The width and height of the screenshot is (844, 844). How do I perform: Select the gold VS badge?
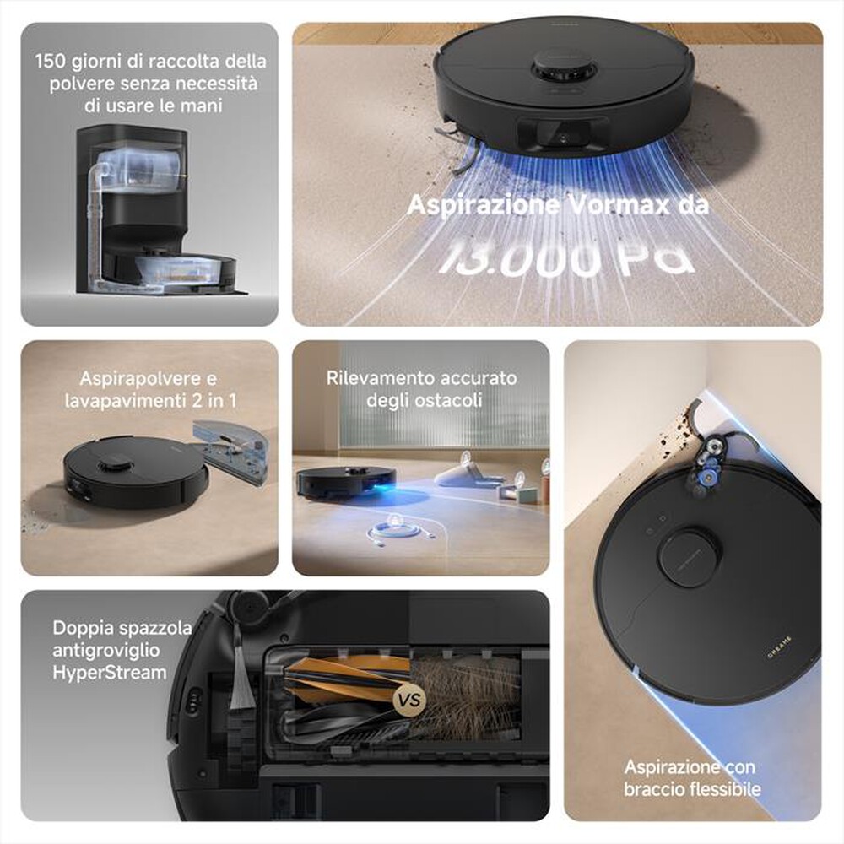(x=408, y=700)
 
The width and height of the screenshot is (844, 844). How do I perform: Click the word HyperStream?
(x=109, y=673)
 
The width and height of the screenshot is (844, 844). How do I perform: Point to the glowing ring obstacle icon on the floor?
(x=398, y=530)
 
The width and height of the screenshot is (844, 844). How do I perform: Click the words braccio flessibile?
(x=692, y=789)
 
